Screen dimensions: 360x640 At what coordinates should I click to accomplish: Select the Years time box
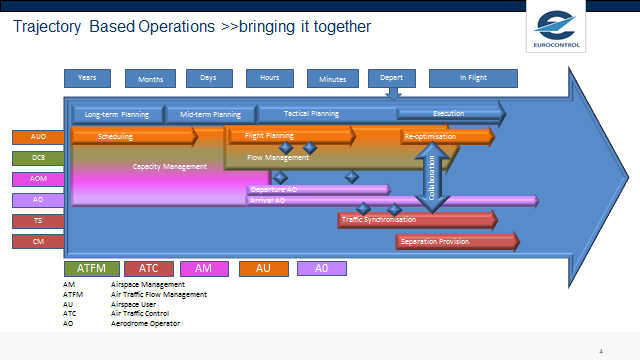[x=87, y=78]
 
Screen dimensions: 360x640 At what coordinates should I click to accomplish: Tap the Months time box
[x=150, y=79]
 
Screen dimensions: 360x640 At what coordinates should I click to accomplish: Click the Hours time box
[x=270, y=78]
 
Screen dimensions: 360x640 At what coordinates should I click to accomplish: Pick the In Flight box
[x=473, y=78]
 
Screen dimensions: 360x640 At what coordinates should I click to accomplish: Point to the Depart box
[x=392, y=78]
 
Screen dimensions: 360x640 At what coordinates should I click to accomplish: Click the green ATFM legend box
[x=92, y=268]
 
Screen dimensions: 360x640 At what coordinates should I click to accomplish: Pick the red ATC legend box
[x=149, y=268]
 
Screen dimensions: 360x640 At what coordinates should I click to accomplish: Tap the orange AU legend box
[x=263, y=268]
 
